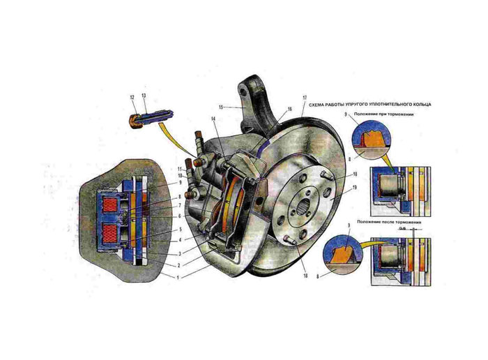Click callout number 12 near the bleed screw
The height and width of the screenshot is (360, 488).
click(x=131, y=97)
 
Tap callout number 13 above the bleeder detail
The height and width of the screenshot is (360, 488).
click(x=143, y=97)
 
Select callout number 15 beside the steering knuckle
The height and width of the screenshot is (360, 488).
click(x=220, y=107)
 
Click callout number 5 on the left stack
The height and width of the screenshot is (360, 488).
click(x=180, y=229)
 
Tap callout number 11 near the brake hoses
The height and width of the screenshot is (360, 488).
click(x=180, y=168)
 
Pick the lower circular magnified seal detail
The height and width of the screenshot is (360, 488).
click(x=347, y=256)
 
